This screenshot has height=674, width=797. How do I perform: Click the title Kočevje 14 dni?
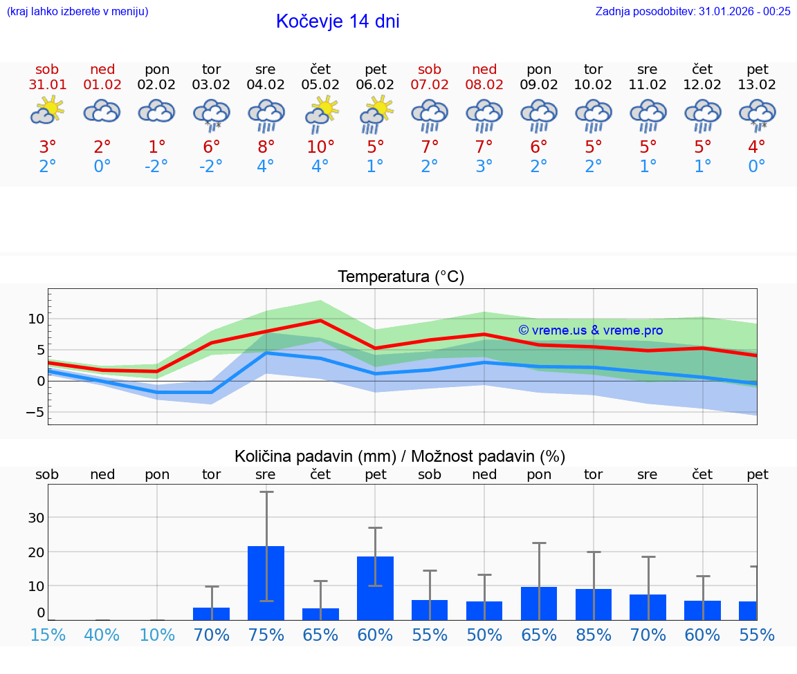[338, 21]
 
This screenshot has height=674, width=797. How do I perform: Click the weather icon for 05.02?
[321, 113]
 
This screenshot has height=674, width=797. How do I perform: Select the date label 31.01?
[48, 85]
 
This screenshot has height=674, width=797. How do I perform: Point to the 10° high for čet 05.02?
[320, 147]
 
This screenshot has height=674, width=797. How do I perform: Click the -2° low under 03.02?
[211, 167]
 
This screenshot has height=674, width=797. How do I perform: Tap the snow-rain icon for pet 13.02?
[758, 114]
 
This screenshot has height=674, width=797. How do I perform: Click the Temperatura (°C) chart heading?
[401, 277]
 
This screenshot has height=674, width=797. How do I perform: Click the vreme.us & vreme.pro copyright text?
[590, 330]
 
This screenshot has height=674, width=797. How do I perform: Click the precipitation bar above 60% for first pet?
[375, 588]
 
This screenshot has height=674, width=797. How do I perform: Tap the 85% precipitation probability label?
[594, 635]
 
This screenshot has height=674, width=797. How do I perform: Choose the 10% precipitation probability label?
[157, 635]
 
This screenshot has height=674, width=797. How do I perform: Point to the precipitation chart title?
[400, 456]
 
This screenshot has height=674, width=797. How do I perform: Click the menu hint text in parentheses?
[77, 12]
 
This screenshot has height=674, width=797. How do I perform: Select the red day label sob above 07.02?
[430, 70]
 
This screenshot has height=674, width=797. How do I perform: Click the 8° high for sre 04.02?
[266, 147]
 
